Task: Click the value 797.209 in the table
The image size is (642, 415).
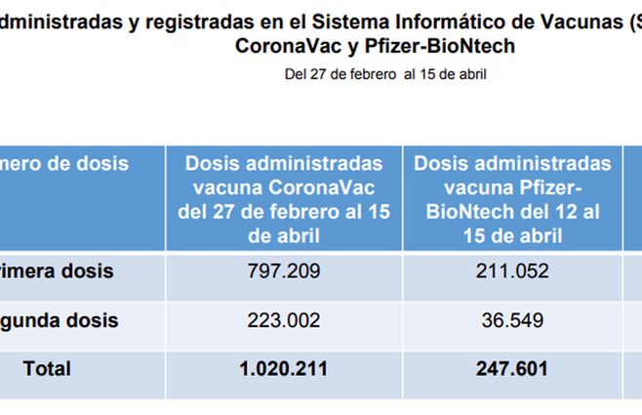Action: point(283,271)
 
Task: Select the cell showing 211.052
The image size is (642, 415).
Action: point(512,271)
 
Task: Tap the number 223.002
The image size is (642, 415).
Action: point(283,320)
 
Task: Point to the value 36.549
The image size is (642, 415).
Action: point(512,320)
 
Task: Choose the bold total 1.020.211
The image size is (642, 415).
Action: point(283,369)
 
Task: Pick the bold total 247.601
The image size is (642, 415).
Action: point(512,369)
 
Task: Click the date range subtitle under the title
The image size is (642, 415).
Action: point(384,73)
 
